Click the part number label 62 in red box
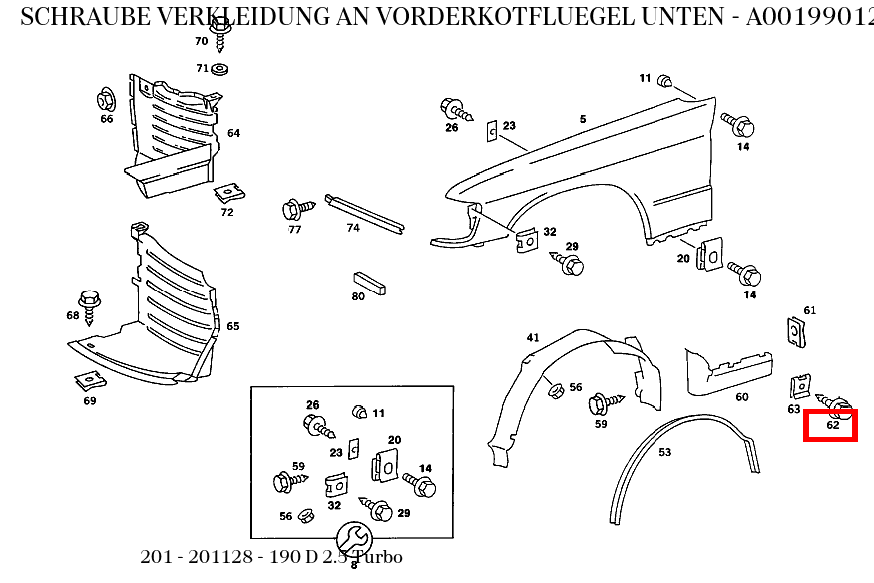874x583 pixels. point(832,426)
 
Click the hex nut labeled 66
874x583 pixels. point(106,100)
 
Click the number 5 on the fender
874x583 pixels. point(583,120)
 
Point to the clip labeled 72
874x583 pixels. point(229,191)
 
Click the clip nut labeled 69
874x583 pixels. point(89,380)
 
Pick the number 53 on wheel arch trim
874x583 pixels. point(664,452)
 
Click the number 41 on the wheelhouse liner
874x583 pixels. point(533,338)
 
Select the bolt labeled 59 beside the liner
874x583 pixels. point(603,403)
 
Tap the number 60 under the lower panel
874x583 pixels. point(742,397)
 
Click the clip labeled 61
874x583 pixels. point(796,332)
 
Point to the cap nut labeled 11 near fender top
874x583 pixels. point(667,80)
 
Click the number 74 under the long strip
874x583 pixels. point(353,228)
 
